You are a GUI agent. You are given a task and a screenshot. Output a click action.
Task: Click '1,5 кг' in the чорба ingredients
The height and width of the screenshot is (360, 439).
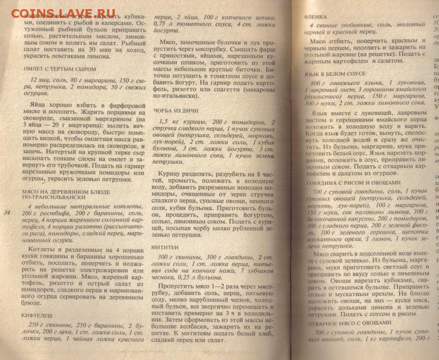coord(169,122)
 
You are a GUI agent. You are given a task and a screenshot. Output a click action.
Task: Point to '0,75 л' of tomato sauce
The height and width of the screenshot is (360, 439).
coord(163,23)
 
